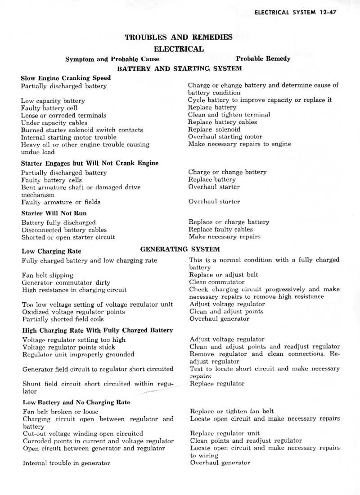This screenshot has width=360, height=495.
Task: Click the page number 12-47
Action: (326, 12)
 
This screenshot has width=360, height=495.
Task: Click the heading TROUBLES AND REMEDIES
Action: (179, 37)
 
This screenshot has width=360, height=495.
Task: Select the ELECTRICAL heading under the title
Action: (179, 49)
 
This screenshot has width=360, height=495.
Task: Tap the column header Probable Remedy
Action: (263, 59)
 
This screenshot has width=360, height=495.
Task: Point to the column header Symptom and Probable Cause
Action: (112, 59)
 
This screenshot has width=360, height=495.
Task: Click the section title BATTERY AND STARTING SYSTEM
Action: (179, 68)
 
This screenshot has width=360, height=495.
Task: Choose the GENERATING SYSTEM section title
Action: (180, 249)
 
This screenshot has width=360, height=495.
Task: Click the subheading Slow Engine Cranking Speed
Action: (66, 78)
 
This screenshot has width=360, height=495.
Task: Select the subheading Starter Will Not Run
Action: (54, 213)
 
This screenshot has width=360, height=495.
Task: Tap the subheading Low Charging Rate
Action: (51, 251)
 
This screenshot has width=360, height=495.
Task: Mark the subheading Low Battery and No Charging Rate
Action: (76, 402)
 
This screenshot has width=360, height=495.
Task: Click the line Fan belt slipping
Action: (47, 275)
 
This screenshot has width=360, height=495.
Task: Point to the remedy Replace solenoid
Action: (214, 129)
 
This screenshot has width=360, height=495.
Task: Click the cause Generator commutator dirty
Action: (66, 282)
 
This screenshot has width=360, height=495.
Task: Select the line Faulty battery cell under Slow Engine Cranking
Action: (49, 108)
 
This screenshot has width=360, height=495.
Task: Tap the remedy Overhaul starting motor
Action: (225, 136)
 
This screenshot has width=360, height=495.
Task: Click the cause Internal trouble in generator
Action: (66, 463)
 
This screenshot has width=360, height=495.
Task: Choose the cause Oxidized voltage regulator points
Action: (74, 312)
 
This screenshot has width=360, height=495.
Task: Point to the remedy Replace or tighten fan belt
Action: (232, 411)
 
